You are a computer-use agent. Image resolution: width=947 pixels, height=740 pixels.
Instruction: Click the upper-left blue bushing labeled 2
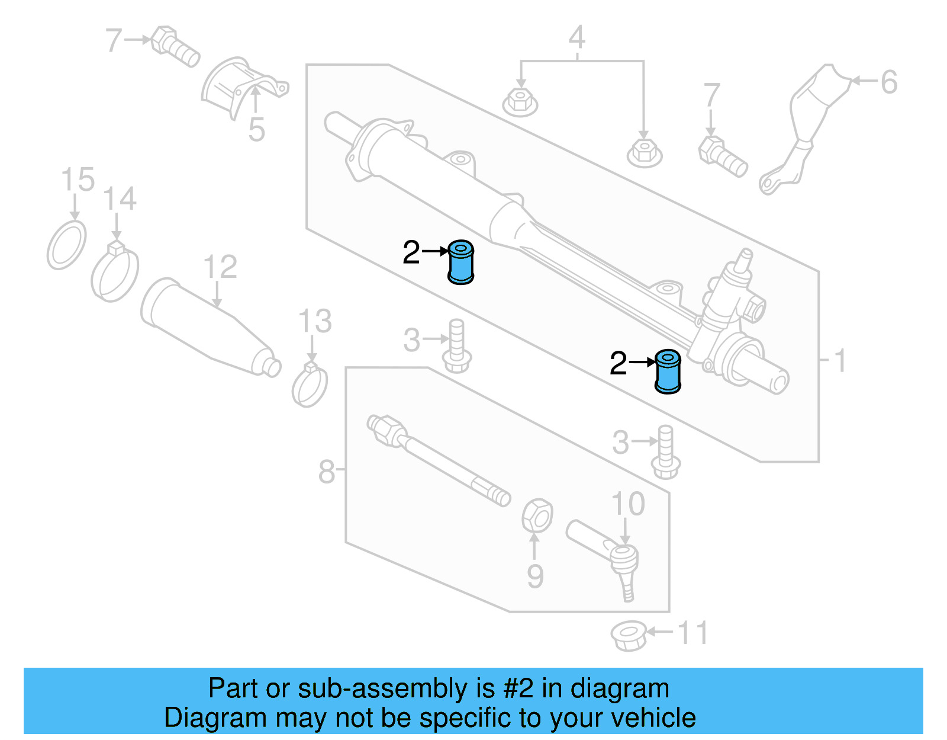(x=460, y=262)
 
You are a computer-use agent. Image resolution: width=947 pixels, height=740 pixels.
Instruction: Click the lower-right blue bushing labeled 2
(x=668, y=372)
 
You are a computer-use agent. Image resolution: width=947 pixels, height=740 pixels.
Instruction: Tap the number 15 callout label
(x=78, y=180)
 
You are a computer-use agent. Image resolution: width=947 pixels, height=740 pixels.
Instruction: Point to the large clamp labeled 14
(x=114, y=273)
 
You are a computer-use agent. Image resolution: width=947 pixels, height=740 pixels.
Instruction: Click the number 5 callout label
(x=256, y=130)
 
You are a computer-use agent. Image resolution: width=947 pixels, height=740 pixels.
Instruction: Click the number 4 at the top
(x=576, y=37)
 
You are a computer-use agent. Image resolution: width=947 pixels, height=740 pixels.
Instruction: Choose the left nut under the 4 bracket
(x=520, y=102)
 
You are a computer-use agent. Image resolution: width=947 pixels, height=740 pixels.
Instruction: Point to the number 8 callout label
(x=327, y=472)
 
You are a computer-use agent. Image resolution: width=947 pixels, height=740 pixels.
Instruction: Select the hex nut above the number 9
(x=537, y=515)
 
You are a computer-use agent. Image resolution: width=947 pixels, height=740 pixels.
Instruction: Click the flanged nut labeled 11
(x=628, y=636)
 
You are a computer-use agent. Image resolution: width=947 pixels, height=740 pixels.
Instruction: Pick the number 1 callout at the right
(x=839, y=361)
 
